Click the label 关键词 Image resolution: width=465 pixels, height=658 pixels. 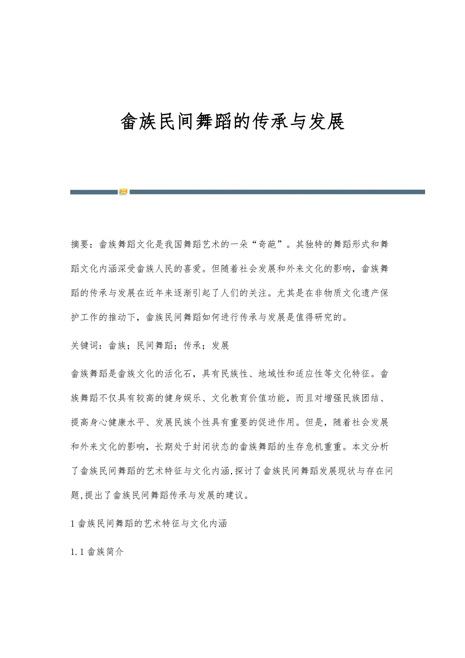(x=85, y=346)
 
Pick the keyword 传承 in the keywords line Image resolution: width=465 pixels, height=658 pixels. (x=193, y=346)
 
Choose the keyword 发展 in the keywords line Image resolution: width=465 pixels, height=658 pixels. (x=221, y=346)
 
